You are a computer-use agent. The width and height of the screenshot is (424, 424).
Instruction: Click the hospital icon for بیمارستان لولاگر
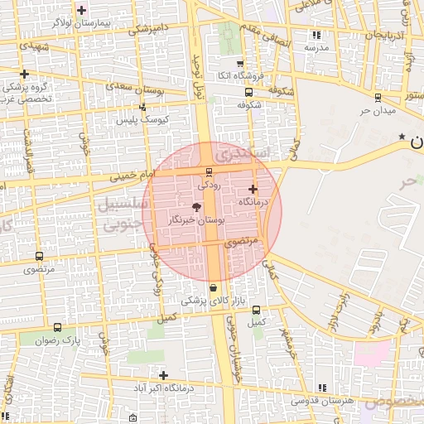81,10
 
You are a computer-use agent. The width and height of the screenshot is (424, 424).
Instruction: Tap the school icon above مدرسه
316,35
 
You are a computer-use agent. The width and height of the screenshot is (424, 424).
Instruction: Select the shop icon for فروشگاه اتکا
240,64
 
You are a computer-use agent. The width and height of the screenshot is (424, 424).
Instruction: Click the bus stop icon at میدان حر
378,96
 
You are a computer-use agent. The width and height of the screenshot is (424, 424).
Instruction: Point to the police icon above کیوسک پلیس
142,107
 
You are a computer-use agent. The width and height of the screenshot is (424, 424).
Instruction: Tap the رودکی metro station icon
208,171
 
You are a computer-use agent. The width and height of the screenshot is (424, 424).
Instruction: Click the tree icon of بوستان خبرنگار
196,207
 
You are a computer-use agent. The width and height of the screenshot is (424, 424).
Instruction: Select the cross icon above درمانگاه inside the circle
253,189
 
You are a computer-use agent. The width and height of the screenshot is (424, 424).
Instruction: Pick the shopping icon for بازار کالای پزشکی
214,287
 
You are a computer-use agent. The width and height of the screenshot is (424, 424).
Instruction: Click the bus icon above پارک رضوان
57,327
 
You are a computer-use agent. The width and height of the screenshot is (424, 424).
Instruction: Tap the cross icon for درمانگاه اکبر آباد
163,375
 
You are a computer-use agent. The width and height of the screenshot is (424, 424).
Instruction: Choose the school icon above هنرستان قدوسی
320,388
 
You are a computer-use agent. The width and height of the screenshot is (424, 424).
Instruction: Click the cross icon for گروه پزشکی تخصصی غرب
24,75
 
